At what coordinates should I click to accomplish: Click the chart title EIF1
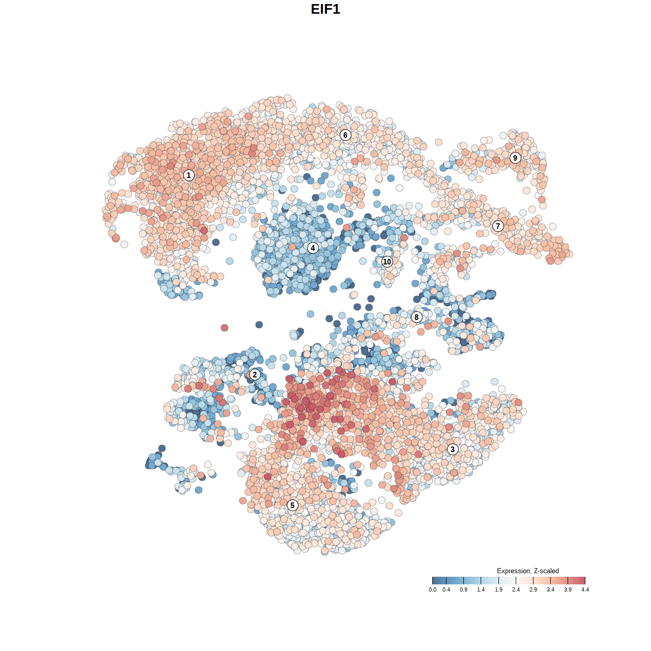[x=325, y=9]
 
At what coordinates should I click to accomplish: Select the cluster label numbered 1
[x=189, y=175]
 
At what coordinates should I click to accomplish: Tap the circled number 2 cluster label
[x=255, y=375]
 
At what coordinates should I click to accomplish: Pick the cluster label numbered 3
[x=453, y=449]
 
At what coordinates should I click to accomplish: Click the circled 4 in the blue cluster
[x=313, y=248]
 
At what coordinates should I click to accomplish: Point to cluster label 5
[x=292, y=505]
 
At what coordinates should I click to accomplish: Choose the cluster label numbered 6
[x=345, y=135]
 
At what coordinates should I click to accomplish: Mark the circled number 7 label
[x=498, y=226]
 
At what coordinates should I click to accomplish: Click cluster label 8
[x=417, y=317]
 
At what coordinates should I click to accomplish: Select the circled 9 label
[x=515, y=158]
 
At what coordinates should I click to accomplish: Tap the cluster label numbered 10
[x=387, y=261]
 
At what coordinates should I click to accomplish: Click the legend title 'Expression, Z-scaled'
[x=528, y=571]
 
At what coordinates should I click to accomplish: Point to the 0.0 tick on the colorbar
[x=432, y=589]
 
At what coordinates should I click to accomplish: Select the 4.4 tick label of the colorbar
[x=585, y=589]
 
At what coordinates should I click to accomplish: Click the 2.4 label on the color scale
[x=516, y=589]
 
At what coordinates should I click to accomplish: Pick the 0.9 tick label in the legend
[x=464, y=589]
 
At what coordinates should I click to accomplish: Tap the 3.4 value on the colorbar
[x=550, y=589]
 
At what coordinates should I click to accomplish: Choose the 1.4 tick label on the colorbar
[x=481, y=589]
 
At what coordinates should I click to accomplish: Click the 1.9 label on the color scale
[x=498, y=589]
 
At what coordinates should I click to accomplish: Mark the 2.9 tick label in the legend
[x=533, y=589]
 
